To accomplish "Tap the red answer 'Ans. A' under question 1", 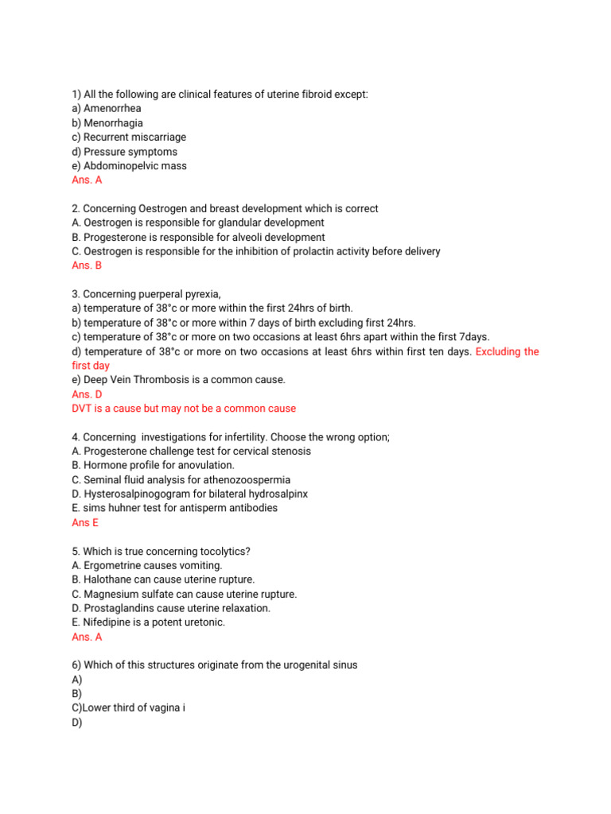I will tap(87, 180).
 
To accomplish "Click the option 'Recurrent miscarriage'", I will tap(134, 138).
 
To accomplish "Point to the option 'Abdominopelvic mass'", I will tap(134, 166).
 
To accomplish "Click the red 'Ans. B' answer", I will tap(87, 266).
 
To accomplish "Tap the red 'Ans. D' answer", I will tap(87, 394).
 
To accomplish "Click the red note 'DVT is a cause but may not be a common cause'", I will tap(184, 409).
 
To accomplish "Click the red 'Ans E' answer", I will tap(85, 522).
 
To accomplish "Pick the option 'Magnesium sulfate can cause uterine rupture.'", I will tap(184, 594).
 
